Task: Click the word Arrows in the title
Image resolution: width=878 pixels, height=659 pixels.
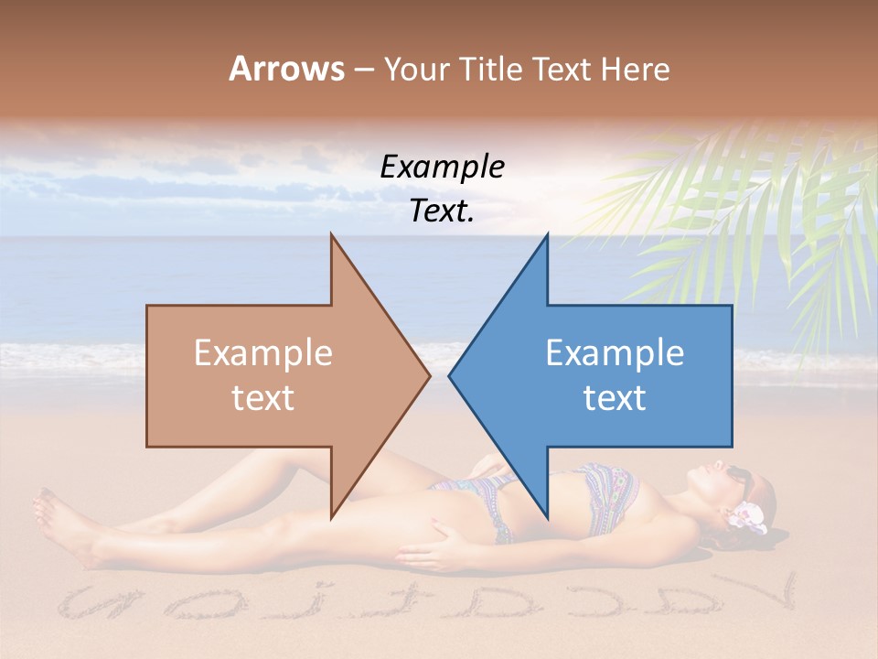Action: pos(287,69)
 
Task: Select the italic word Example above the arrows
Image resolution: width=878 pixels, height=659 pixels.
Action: pos(442,167)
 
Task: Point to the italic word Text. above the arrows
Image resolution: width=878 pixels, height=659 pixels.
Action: pos(442,211)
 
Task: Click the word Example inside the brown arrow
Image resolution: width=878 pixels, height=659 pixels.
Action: pos(263,352)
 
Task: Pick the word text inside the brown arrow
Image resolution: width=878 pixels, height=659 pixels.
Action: pos(263,397)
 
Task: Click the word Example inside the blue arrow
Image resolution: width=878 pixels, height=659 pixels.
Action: pos(615,352)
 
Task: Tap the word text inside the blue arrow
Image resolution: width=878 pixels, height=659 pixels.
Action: pos(615,397)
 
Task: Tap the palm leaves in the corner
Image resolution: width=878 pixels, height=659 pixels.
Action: pos(750,211)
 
